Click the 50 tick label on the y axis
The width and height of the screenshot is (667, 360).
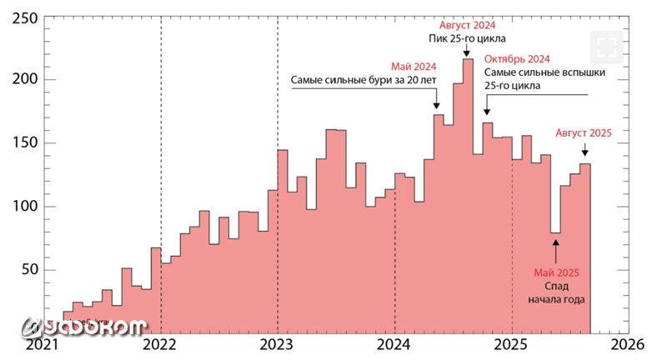tap(28, 269)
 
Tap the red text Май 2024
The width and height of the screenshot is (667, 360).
tap(414, 67)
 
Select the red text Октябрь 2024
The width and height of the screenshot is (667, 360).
tap(517, 59)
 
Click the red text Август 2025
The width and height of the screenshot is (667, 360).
tap(584, 132)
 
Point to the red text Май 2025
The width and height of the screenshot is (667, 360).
tap(556, 272)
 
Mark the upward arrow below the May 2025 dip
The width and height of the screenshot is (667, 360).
tap(556, 250)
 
